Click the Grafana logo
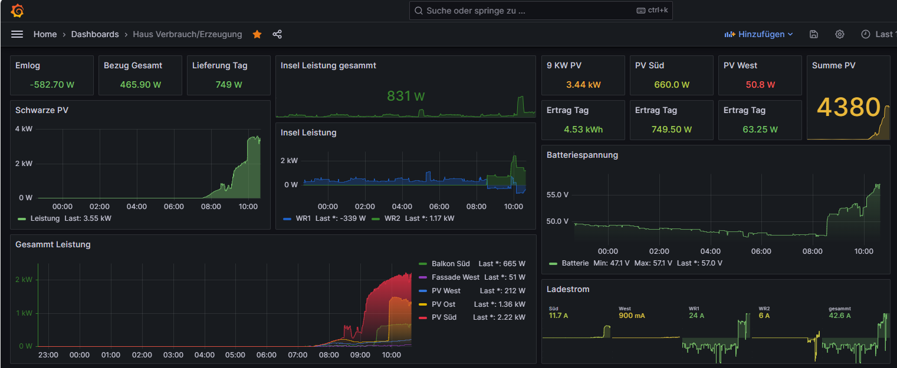[x=17, y=11]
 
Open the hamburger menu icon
[x=17, y=34]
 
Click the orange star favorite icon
[x=257, y=34]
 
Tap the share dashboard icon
[x=277, y=34]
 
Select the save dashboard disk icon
[x=814, y=34]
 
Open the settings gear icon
[x=840, y=34]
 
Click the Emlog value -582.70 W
[x=52, y=84]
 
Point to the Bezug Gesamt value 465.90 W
[x=140, y=84]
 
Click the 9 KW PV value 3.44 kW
[x=583, y=84]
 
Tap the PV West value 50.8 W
[x=760, y=84]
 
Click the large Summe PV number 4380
[x=848, y=108]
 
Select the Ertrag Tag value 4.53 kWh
[x=583, y=129]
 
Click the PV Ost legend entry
[x=443, y=304]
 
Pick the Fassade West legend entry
[x=455, y=277]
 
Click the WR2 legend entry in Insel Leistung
[x=392, y=218]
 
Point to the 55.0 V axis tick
[x=557, y=194]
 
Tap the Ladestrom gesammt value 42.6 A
[x=840, y=316]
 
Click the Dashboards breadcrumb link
[x=95, y=34]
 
